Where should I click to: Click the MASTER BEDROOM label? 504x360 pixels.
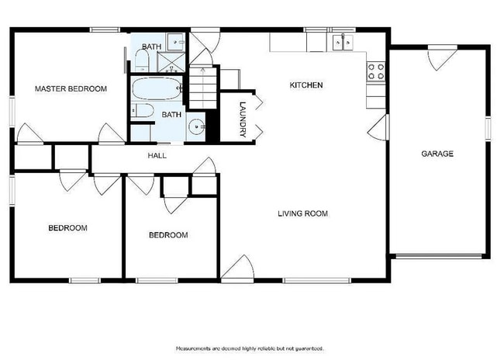click(71, 89)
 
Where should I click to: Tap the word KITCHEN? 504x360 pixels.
click(306, 85)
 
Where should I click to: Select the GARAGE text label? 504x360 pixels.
click(437, 154)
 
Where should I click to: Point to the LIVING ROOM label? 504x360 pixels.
click(303, 213)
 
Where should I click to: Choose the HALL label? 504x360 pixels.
click(157, 156)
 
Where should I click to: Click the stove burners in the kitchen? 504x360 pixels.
click(375, 71)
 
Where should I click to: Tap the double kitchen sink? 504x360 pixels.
click(342, 41)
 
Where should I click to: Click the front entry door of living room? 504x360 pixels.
click(238, 268)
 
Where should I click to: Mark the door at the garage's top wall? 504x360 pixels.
click(443, 56)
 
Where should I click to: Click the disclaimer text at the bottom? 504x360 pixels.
click(250, 348)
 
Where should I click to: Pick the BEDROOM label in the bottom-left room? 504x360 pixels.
click(67, 228)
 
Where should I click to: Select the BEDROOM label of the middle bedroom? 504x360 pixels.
click(168, 235)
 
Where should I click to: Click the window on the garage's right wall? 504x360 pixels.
click(488, 128)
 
